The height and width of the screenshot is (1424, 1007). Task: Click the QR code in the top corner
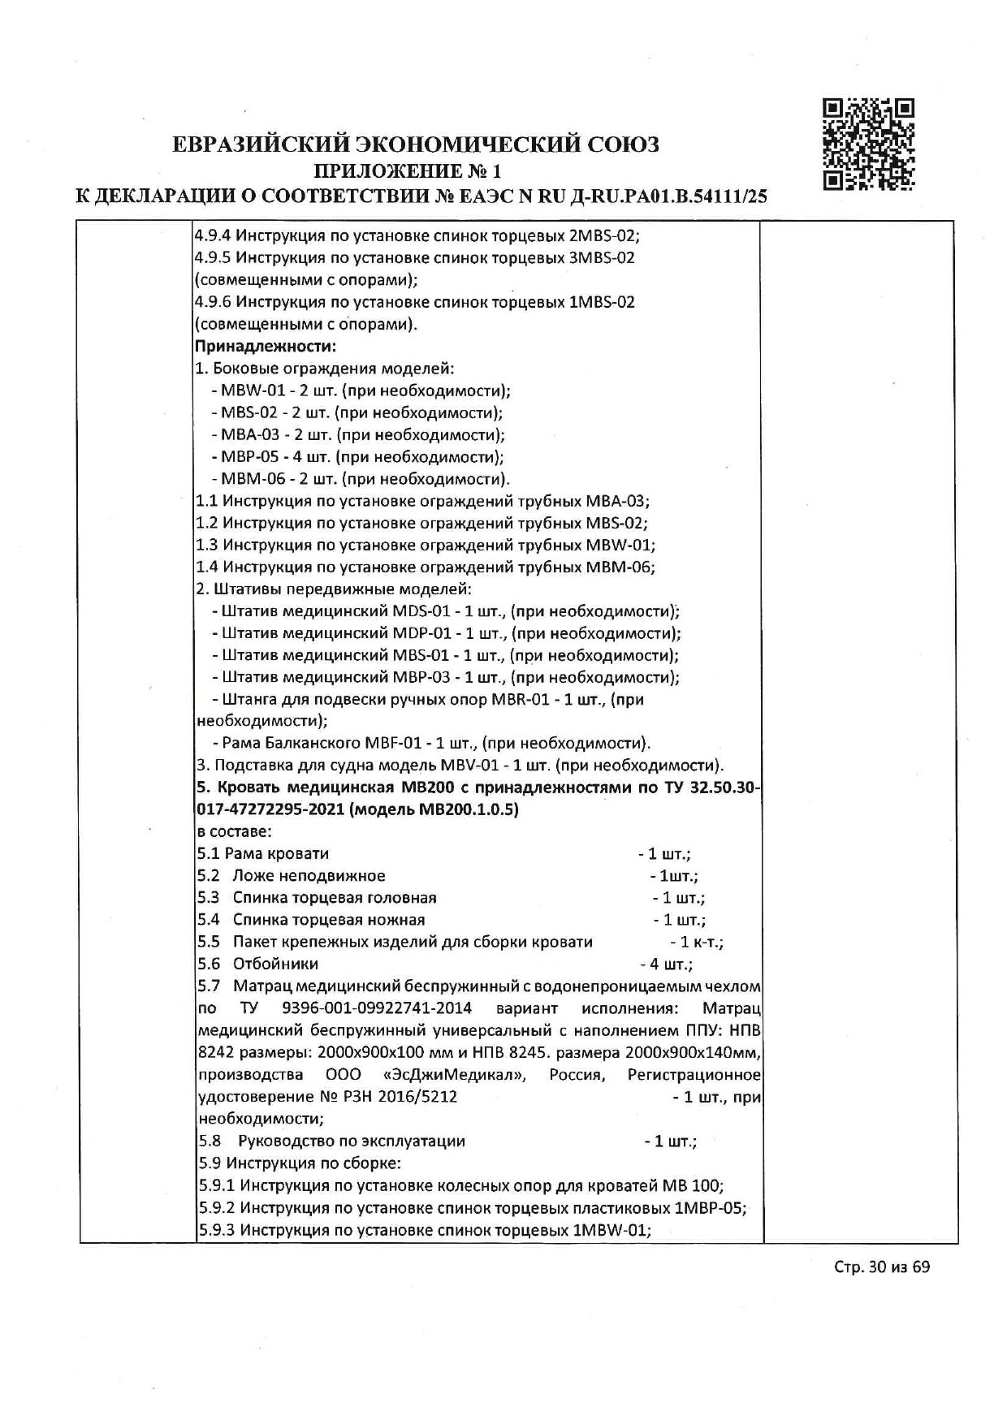[x=868, y=145]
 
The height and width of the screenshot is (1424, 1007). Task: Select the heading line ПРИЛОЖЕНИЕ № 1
[x=408, y=170]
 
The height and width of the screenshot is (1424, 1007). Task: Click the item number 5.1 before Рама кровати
[x=208, y=853]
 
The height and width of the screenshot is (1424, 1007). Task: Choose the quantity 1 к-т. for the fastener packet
[x=698, y=942]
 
